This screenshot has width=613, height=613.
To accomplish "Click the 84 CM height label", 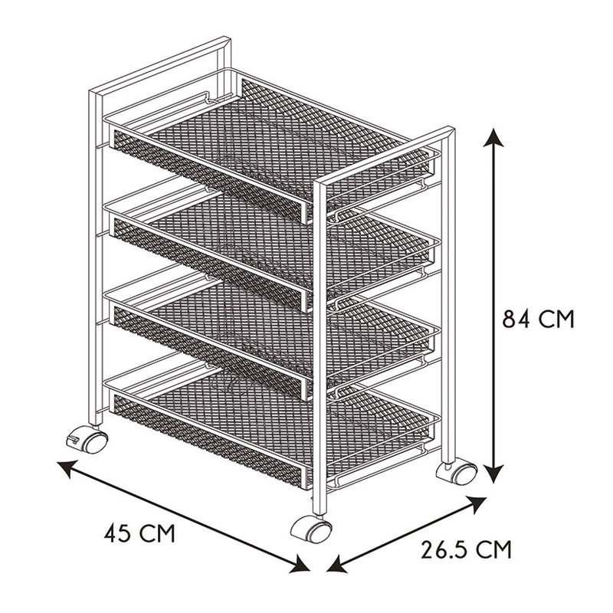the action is (538, 319).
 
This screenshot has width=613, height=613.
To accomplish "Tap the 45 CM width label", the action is (139, 533).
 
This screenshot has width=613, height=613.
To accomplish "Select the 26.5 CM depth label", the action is (466, 549).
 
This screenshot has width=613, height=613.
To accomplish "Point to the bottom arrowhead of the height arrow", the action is (494, 474).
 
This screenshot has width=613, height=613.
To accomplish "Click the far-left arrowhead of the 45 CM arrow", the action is (67, 468).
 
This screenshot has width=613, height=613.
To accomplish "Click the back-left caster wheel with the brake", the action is (87, 441).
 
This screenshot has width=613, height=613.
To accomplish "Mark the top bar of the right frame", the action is (385, 156).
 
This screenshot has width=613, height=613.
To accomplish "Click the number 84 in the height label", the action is (516, 319).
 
